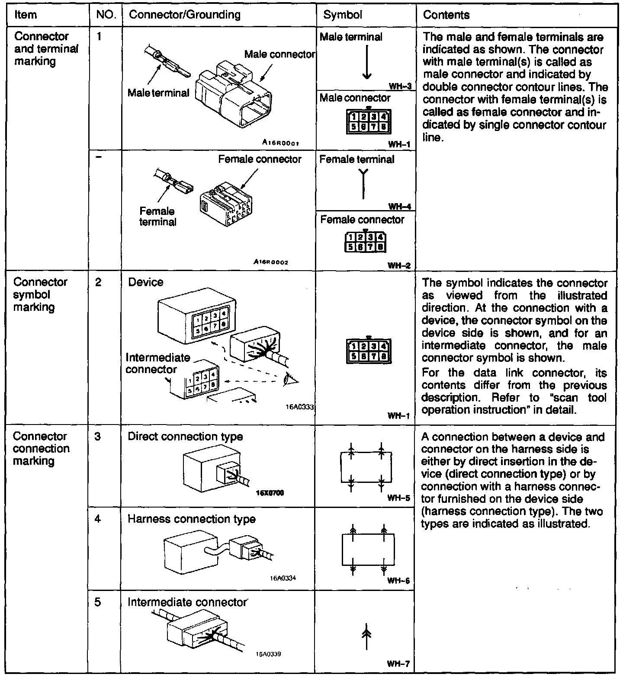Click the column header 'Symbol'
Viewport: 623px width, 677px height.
pos(343,15)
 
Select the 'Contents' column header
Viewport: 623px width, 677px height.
pos(446,15)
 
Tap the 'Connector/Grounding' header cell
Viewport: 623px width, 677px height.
pos(185,15)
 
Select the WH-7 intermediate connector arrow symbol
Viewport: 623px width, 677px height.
pos(366,636)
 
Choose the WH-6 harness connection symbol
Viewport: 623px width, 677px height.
pos(368,549)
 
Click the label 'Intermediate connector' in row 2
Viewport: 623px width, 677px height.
pos(157,364)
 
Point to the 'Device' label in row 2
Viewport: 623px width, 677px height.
pos(146,282)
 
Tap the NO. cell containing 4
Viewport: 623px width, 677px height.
pos(98,518)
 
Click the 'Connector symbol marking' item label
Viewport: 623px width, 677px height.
pos(40,294)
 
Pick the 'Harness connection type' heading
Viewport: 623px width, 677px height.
pos(191,519)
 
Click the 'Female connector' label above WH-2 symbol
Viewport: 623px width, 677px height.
pos(362,220)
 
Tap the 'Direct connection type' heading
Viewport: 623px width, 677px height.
pos(185,437)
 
